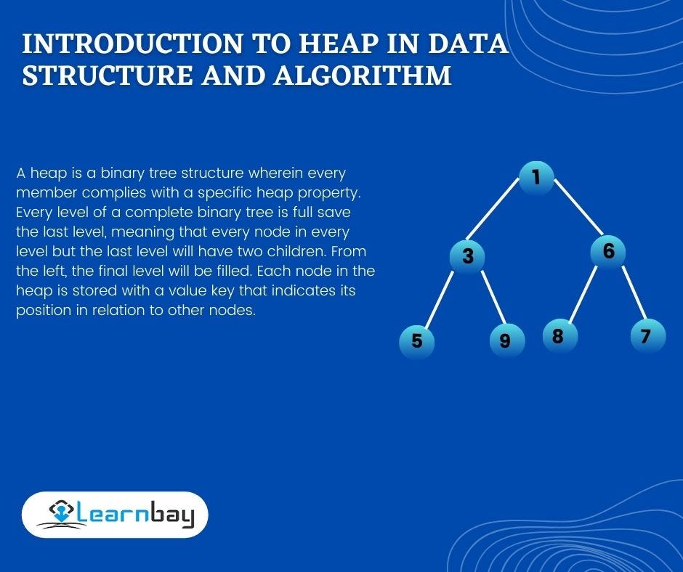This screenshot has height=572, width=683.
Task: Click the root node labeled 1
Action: point(536,178)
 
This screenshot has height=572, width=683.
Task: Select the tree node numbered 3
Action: point(467,256)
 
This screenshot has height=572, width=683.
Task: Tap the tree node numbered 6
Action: point(608,252)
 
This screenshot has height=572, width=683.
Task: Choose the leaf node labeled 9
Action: point(507,340)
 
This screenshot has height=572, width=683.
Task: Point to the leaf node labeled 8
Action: point(560,336)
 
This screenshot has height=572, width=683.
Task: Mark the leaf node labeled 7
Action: point(648,335)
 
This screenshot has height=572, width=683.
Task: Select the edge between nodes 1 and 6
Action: point(578,207)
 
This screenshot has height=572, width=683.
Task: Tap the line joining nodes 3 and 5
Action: point(439,300)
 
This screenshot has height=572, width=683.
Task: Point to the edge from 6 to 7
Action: point(634,293)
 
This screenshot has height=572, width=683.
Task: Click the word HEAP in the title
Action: point(339,43)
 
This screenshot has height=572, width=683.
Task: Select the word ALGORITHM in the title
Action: point(363,75)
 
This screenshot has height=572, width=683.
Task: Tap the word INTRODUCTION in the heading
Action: point(132,43)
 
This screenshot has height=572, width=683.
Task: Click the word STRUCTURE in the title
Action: point(107,75)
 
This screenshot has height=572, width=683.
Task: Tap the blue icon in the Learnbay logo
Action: point(61,511)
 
